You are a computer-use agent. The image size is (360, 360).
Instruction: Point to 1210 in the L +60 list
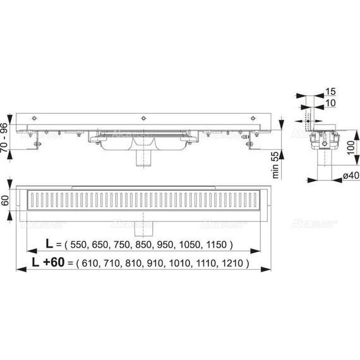click(x=237, y=261)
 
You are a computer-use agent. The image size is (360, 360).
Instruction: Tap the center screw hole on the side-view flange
click(x=145, y=119)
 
